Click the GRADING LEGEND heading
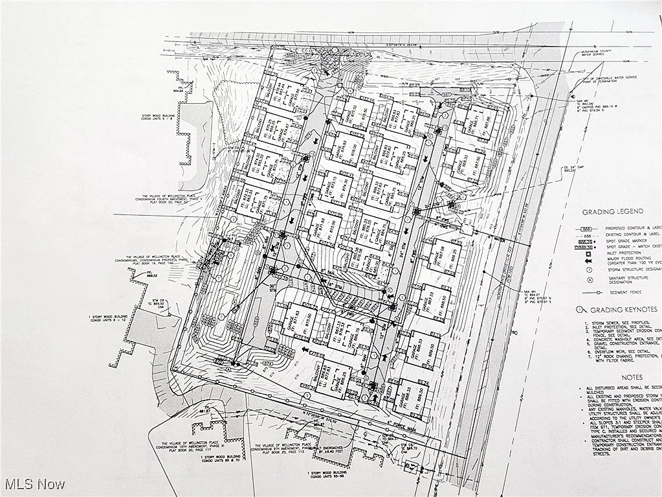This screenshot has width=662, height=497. point(612,212)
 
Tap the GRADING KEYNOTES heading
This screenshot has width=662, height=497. point(619,310)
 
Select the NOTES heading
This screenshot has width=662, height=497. point(632,376)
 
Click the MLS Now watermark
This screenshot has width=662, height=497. point(34,484)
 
